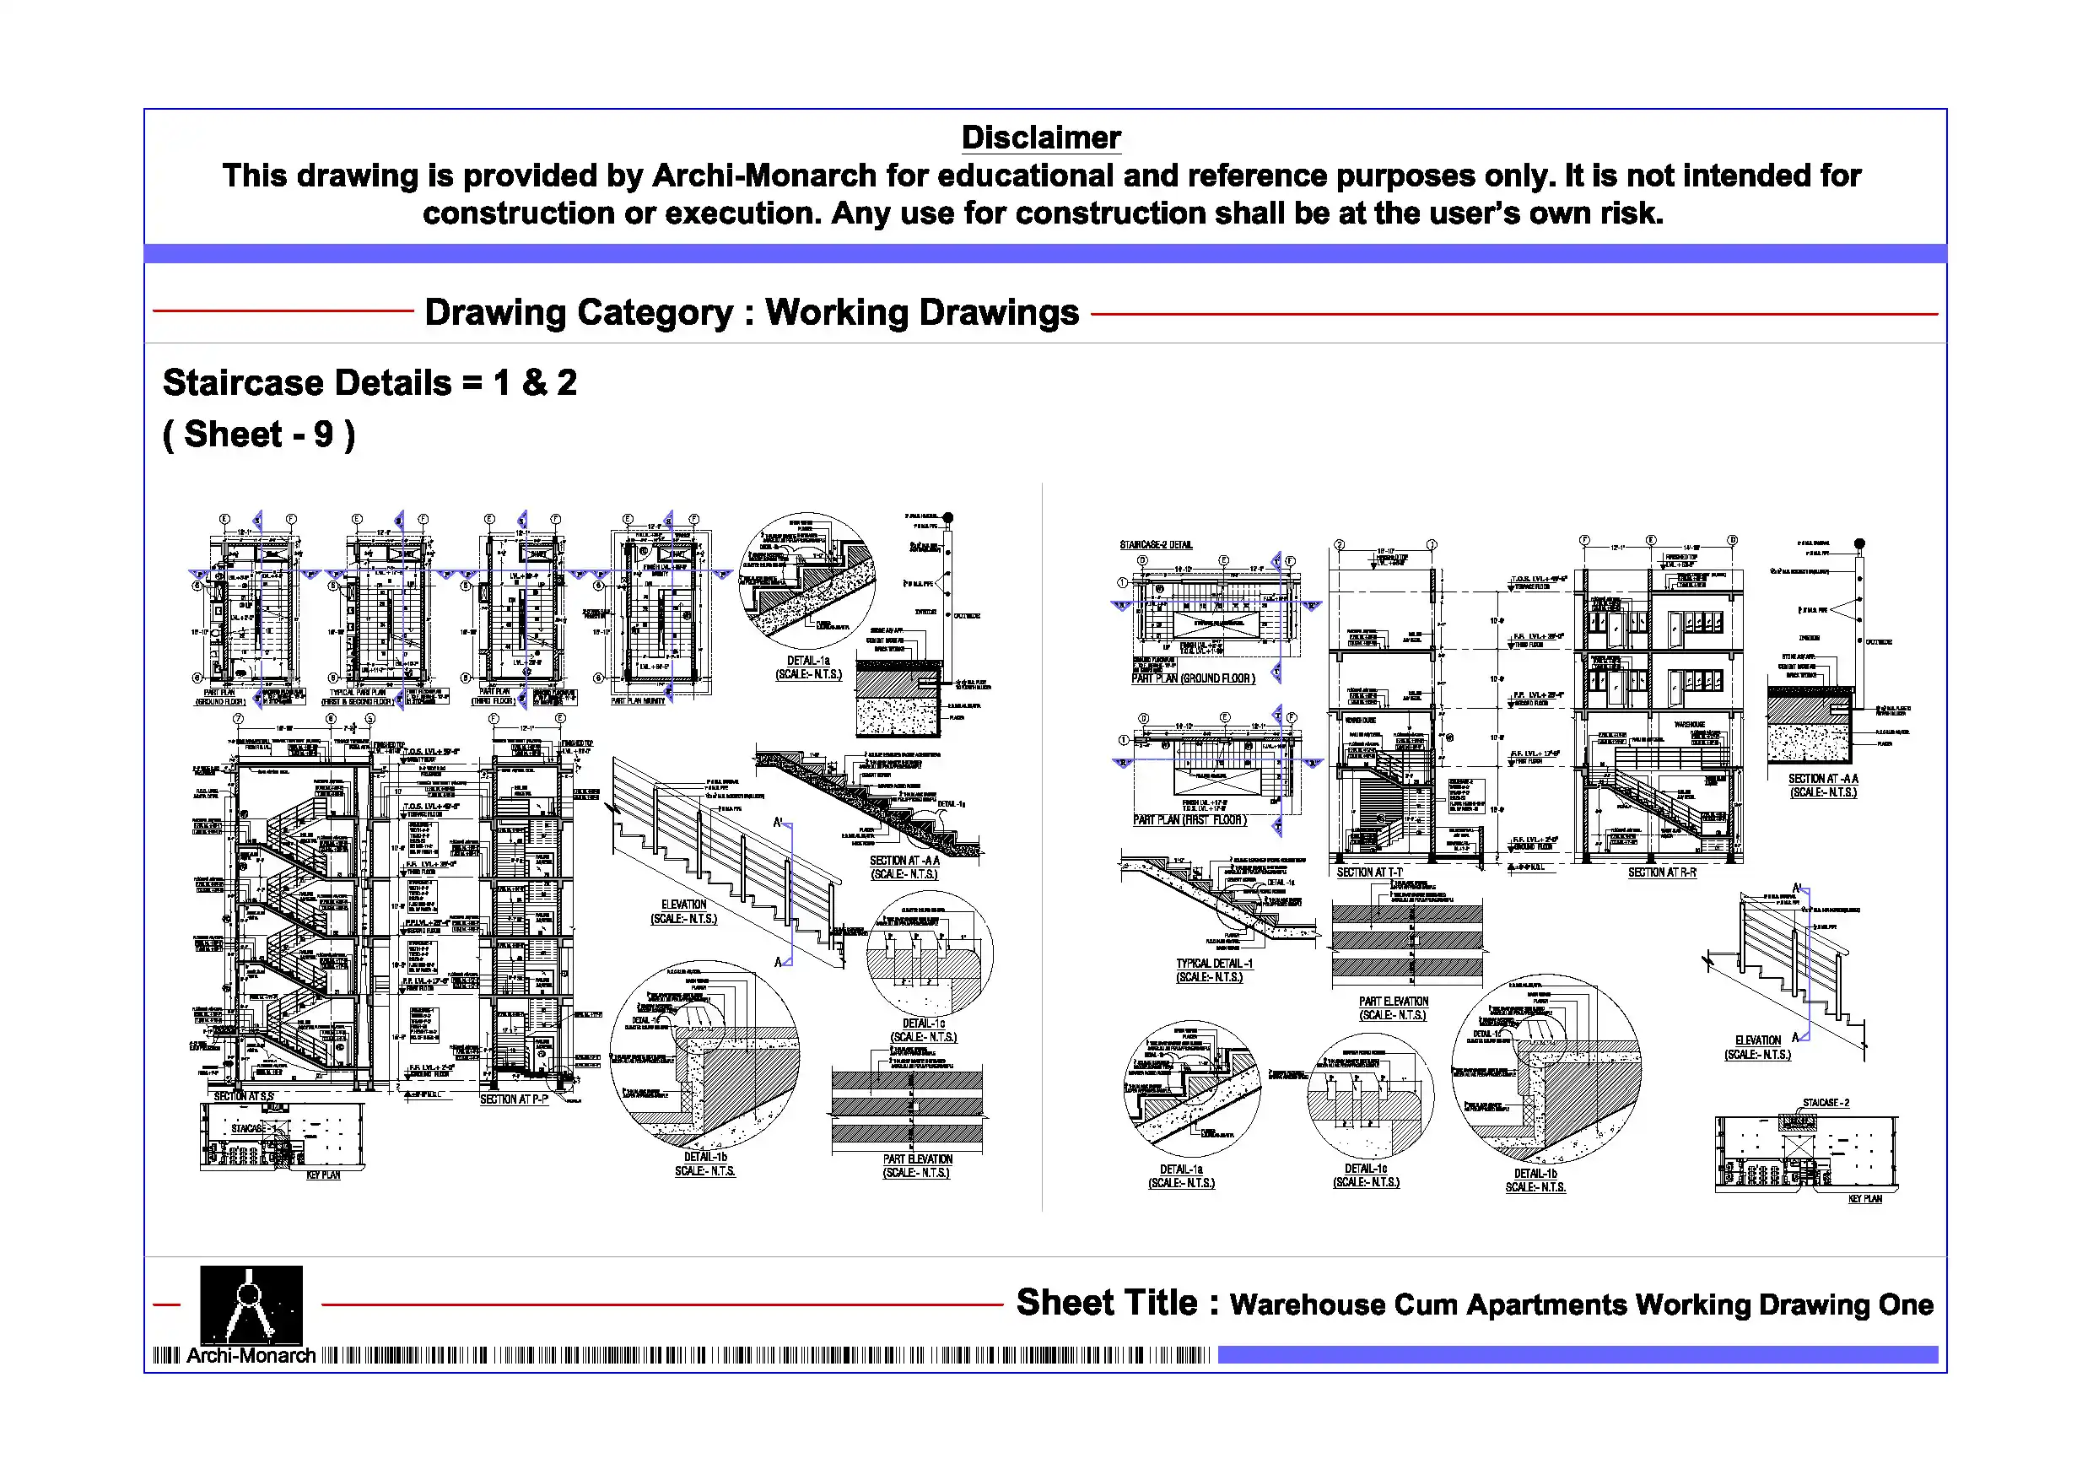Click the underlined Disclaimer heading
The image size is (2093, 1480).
coord(1040,138)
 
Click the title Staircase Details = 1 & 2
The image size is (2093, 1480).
coord(370,383)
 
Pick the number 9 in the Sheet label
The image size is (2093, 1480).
coord(323,435)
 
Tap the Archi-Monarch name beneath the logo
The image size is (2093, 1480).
coord(251,1356)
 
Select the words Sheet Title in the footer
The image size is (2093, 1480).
coord(1106,1303)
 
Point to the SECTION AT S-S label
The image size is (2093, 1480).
coord(244,1096)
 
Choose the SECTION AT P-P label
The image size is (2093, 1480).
coord(514,1099)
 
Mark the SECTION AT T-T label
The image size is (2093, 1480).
coord(1369,872)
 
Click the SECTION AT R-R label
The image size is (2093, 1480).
coord(1662,872)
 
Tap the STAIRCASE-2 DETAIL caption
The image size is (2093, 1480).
coord(1156,545)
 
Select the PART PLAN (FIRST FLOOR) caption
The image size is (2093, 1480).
coord(1189,820)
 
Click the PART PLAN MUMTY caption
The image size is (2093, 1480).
coord(638,700)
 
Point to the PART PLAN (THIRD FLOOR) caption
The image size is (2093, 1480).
coord(494,696)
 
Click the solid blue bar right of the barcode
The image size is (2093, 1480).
coord(1577,1355)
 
